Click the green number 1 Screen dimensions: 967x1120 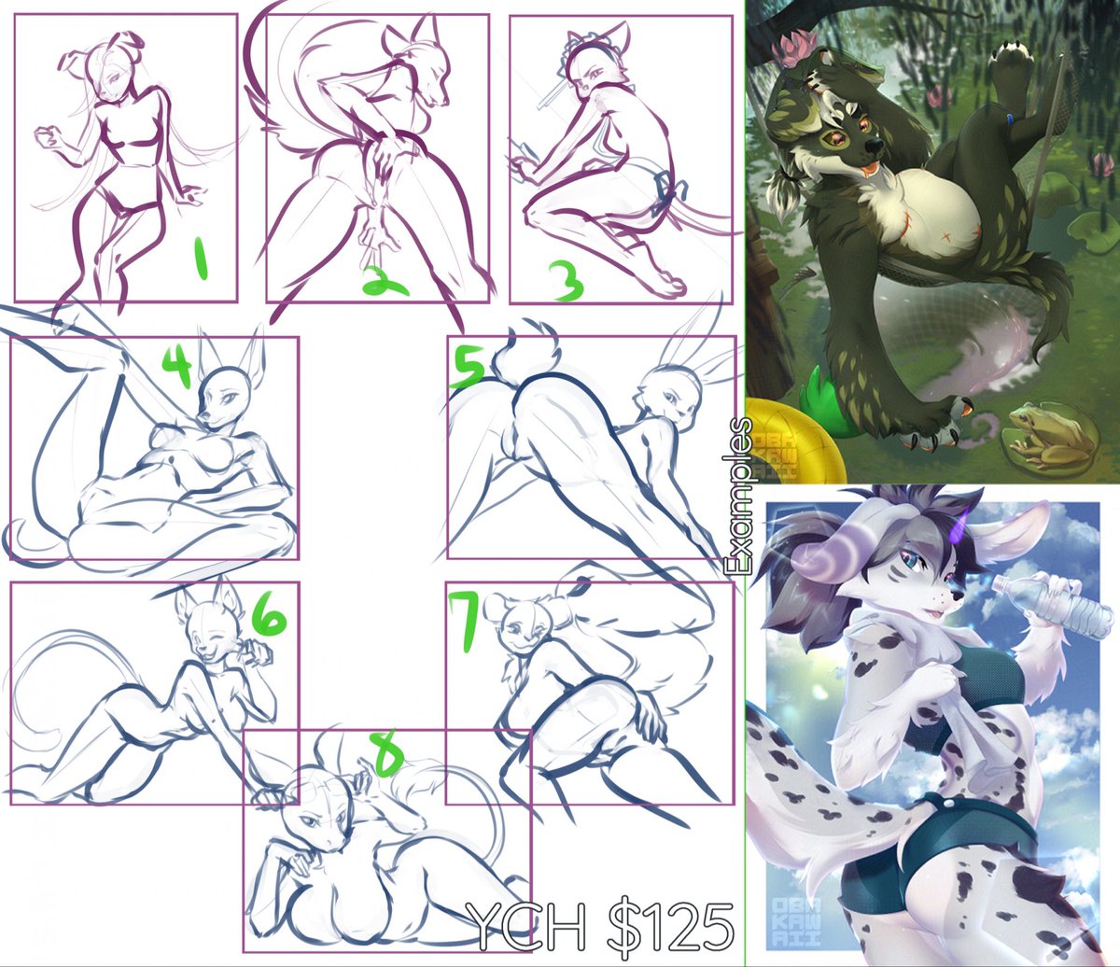click(x=201, y=260)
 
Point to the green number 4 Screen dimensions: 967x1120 click(x=175, y=367)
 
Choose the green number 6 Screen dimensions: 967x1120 click(x=267, y=615)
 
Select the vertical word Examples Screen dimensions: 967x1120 click(x=739, y=498)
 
